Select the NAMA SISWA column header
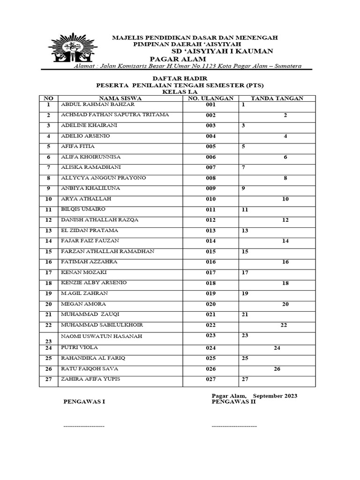120,98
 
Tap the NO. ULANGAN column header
210,98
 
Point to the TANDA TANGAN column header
277,98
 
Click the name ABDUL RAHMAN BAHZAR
97,105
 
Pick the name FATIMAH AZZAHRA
89,262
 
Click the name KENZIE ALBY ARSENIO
94,283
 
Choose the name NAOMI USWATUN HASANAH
101,337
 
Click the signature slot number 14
285,241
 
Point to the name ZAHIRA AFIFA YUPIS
90,379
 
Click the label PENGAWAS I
84,402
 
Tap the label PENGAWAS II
233,402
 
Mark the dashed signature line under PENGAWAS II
234,426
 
